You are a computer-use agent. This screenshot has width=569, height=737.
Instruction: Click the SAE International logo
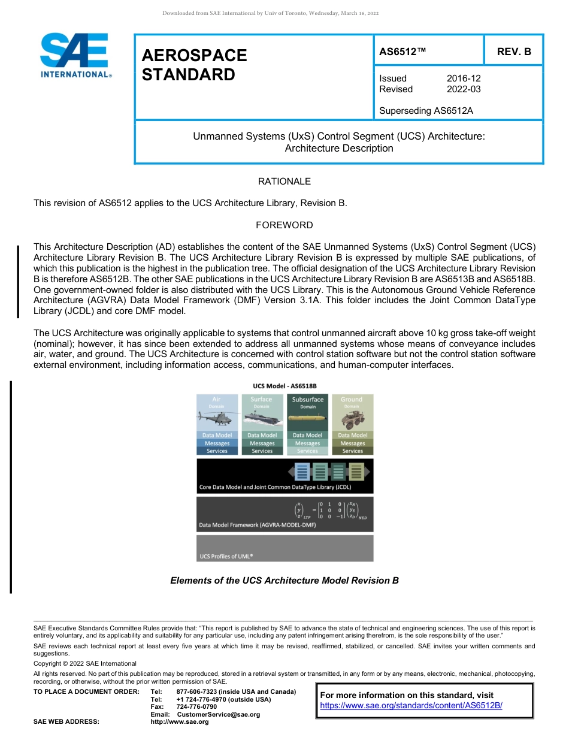click(x=74, y=55)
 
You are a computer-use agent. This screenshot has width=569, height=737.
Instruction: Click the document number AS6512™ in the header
click(x=402, y=52)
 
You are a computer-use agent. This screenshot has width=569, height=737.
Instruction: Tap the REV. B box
click(x=513, y=52)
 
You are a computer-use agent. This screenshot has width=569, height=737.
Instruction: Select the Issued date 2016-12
click(x=464, y=78)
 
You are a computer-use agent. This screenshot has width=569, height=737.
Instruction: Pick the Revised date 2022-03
click(x=464, y=89)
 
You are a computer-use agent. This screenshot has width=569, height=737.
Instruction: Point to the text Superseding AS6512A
click(x=426, y=110)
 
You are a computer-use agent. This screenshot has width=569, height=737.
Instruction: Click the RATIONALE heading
click(x=284, y=182)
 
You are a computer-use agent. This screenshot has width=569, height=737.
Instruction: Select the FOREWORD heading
click(x=284, y=225)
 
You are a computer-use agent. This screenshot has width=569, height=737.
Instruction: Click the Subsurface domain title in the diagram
click(x=307, y=400)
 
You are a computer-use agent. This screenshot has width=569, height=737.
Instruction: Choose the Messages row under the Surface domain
click(x=262, y=443)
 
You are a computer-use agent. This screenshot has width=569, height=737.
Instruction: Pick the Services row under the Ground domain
click(x=352, y=451)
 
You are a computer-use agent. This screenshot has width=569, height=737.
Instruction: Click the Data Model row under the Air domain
click(x=217, y=436)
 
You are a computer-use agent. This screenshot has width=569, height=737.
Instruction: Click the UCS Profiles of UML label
click(x=226, y=556)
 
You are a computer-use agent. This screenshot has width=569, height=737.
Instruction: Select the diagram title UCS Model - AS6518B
click(x=284, y=386)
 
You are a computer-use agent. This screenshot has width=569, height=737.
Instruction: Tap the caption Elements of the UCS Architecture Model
click(x=284, y=581)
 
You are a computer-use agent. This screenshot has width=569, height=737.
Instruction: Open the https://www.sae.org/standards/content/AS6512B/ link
click(x=411, y=706)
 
